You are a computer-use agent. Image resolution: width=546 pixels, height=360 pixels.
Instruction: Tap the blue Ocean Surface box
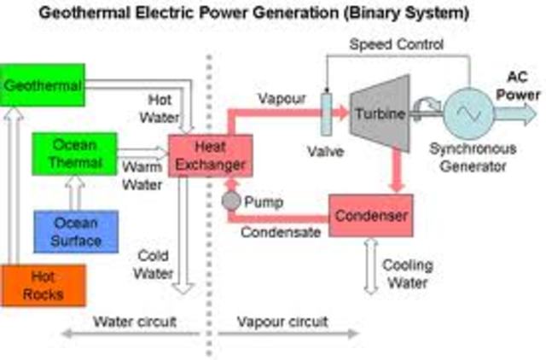(x=76, y=230)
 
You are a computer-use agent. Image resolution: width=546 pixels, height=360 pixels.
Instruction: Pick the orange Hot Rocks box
(x=43, y=286)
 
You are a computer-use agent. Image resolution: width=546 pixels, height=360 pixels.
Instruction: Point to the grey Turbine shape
(x=379, y=115)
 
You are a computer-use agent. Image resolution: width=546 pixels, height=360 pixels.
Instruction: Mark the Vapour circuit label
(x=282, y=322)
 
